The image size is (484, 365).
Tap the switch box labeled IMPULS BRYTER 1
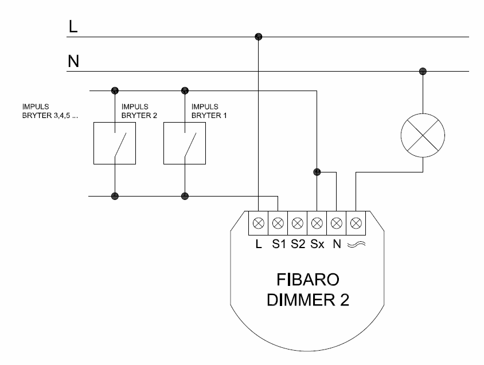point(185,143)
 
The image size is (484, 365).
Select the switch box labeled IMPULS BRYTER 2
point(115,143)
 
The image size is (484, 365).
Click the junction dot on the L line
point(258,37)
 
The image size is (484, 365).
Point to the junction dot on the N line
point(423,72)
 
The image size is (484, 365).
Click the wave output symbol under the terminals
point(356,244)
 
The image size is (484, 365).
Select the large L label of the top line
point(73,27)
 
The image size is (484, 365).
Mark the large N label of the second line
point(73,61)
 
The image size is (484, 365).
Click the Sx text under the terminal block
point(317,244)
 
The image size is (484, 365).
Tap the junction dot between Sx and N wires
point(317,171)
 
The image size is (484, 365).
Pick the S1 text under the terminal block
point(279,244)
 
